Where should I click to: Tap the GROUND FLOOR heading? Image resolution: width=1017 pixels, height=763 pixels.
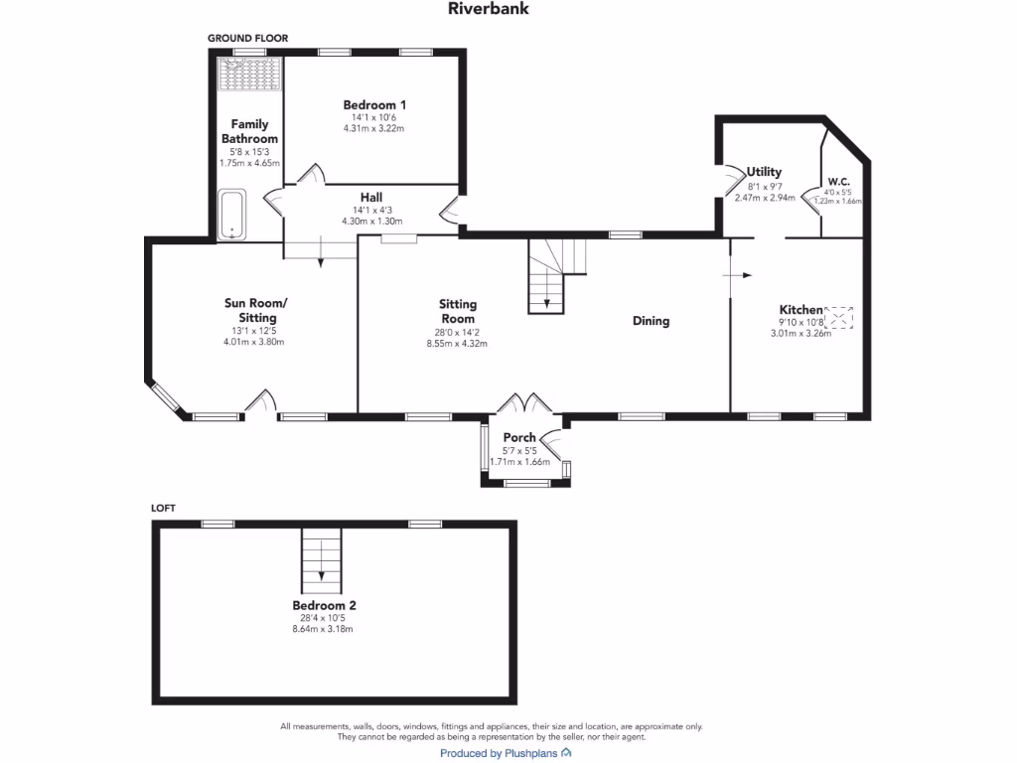click(x=247, y=38)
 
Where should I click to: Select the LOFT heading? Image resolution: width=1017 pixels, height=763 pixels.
click(x=163, y=508)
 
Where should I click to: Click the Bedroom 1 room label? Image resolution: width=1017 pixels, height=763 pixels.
click(x=374, y=104)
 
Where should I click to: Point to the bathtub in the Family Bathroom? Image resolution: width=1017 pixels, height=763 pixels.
click(x=232, y=215)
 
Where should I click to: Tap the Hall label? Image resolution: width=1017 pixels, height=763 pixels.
click(x=371, y=197)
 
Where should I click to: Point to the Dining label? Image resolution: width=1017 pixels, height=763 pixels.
click(x=651, y=321)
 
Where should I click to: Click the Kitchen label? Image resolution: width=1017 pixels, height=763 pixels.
click(x=800, y=310)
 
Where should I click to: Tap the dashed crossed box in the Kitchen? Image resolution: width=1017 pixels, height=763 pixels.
click(x=840, y=318)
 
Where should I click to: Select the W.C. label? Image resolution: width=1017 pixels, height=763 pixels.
click(x=838, y=182)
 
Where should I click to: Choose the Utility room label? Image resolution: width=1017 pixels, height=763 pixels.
click(x=765, y=172)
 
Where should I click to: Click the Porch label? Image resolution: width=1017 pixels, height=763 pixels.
click(x=519, y=437)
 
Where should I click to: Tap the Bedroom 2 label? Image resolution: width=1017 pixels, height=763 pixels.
click(x=324, y=605)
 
